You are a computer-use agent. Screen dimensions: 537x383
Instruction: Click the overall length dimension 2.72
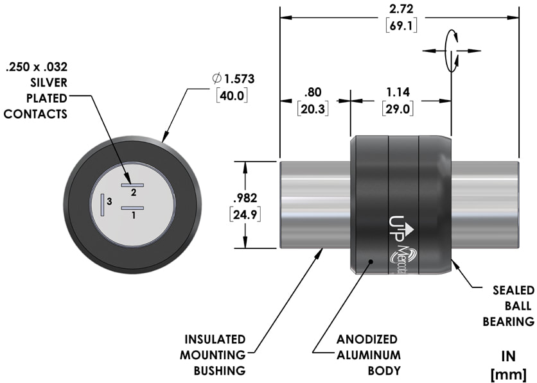coord(401,9)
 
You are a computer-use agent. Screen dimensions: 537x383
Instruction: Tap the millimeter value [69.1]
coord(401,26)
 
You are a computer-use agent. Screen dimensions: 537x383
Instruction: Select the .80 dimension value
coord(313,92)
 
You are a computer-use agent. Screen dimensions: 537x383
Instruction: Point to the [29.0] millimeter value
coord(398,109)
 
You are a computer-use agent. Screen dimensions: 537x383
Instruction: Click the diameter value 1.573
coord(240,80)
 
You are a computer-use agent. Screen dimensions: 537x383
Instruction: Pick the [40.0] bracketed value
coord(232,96)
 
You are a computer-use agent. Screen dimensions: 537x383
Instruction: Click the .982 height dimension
coord(245,198)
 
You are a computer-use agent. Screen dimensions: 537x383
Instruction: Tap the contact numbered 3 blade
coord(102,205)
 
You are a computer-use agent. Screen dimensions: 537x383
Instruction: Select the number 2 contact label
coord(134,192)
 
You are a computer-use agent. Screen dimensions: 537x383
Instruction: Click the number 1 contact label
coord(134,216)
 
